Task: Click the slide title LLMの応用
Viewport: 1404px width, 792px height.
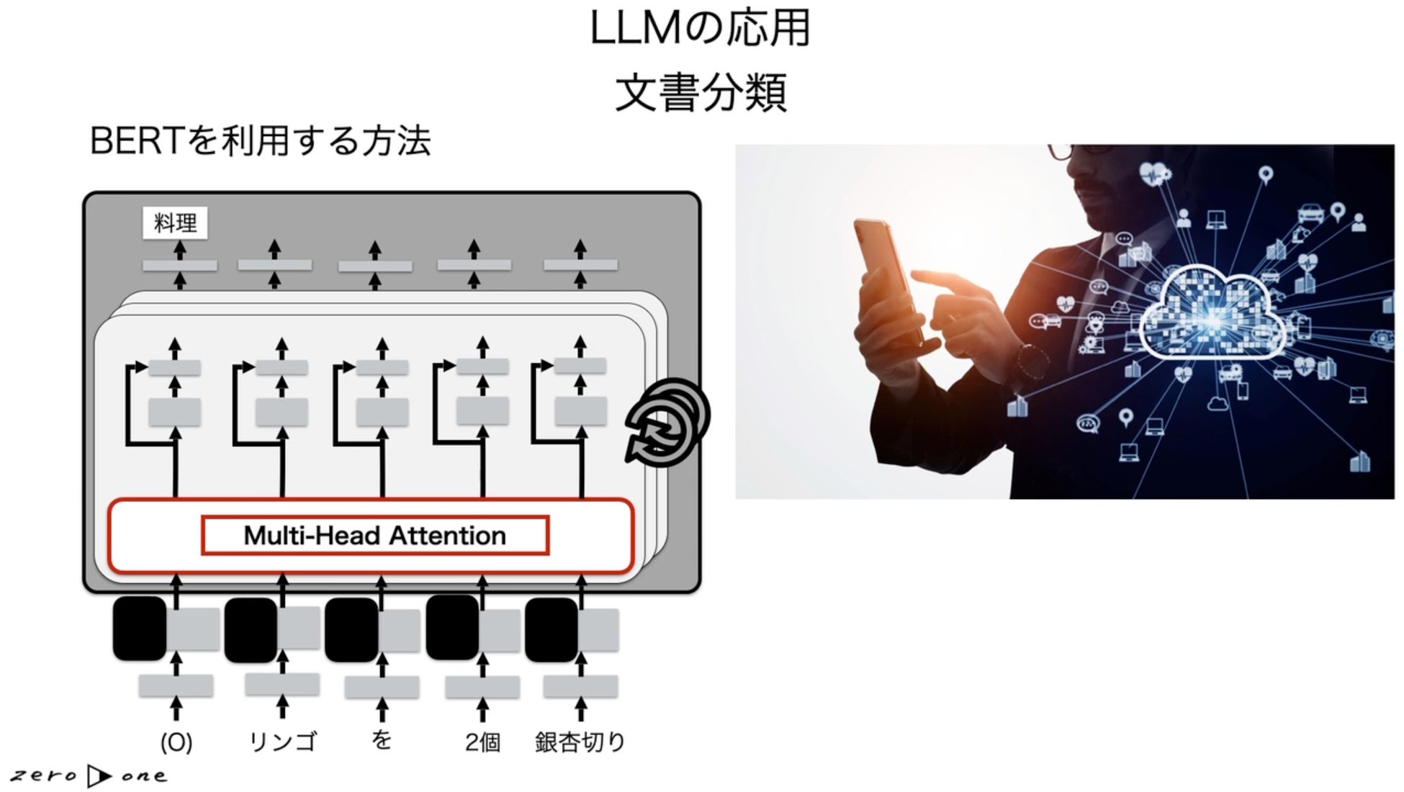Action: pos(700,29)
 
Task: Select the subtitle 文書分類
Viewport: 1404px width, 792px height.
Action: pos(700,92)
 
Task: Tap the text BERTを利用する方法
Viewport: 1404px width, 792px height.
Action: pos(260,140)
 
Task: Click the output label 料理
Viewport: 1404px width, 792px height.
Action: pos(175,223)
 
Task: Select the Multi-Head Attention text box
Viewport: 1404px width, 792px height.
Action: pos(374,536)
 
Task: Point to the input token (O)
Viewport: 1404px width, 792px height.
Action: pos(176,742)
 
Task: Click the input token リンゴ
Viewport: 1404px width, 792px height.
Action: pos(282,742)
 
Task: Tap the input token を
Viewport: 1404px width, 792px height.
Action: pos(382,740)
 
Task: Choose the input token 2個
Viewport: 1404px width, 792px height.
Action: pos(482,742)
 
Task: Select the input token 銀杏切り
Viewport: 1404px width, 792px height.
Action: pos(580,742)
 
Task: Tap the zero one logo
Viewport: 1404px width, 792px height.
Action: pos(88,775)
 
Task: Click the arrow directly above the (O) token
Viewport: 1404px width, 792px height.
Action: pos(176,708)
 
